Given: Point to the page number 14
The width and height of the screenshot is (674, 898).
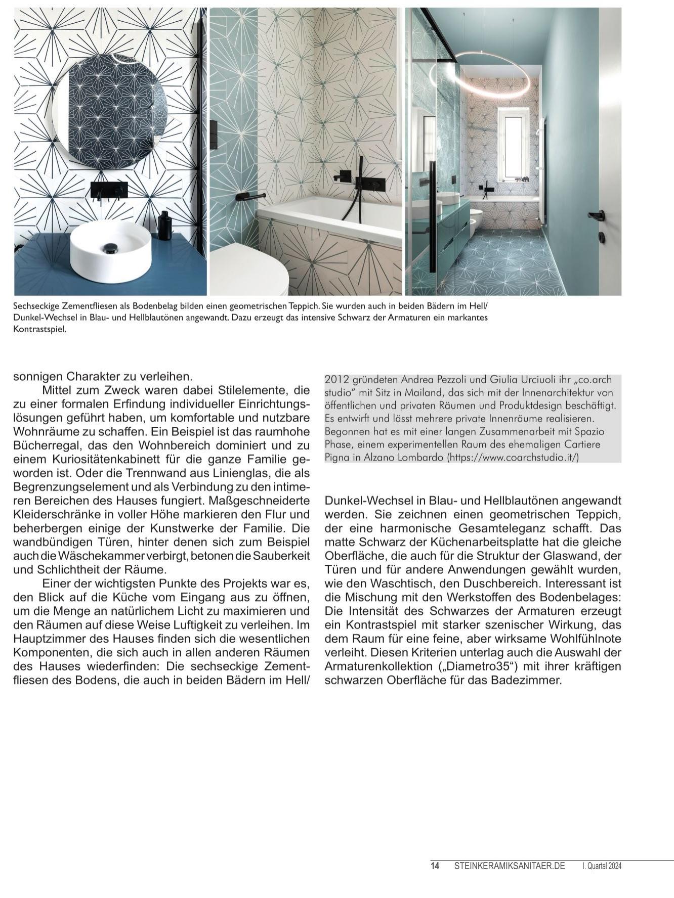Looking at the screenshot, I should coord(435,866).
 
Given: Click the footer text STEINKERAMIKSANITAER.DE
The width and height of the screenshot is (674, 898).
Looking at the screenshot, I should coord(509,866).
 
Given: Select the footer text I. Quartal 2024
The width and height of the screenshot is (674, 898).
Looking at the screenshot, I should coord(602,866).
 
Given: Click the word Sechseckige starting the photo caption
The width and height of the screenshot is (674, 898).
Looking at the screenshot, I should coord(35,306).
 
